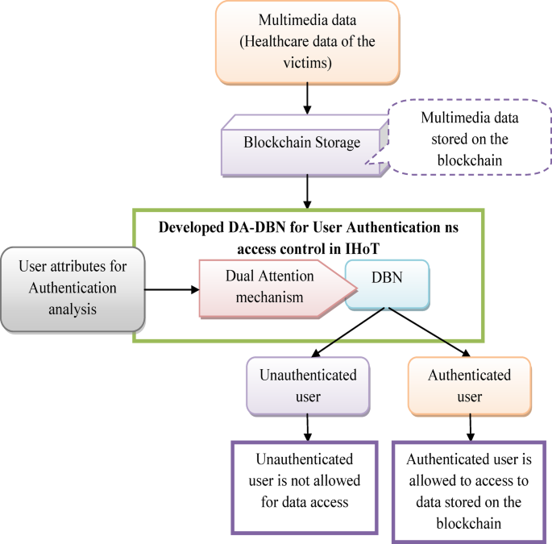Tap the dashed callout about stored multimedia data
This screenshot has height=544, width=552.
click(x=470, y=139)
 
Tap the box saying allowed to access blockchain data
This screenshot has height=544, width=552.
click(x=467, y=491)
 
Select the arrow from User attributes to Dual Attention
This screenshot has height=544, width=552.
click(x=172, y=287)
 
